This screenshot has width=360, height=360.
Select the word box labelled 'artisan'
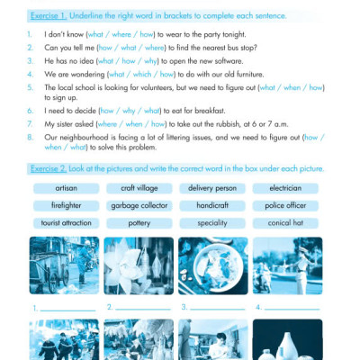[x=66, y=189]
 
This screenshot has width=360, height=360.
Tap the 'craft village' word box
[x=139, y=189]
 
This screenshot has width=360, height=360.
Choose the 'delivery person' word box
[x=212, y=189]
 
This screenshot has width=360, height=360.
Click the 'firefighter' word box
[x=66, y=205]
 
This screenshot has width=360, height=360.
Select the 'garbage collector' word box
[x=139, y=205]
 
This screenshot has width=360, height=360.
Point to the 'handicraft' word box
[x=212, y=205]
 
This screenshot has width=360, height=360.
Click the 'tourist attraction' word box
[x=66, y=222]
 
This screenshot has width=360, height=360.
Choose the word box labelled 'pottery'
[x=139, y=222]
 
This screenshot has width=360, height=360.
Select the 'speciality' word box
[x=212, y=222]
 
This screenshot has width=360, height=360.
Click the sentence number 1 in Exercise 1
[x=31, y=33]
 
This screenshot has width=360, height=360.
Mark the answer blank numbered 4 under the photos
[x=293, y=308]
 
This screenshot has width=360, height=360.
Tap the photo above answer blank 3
[x=213, y=265]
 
